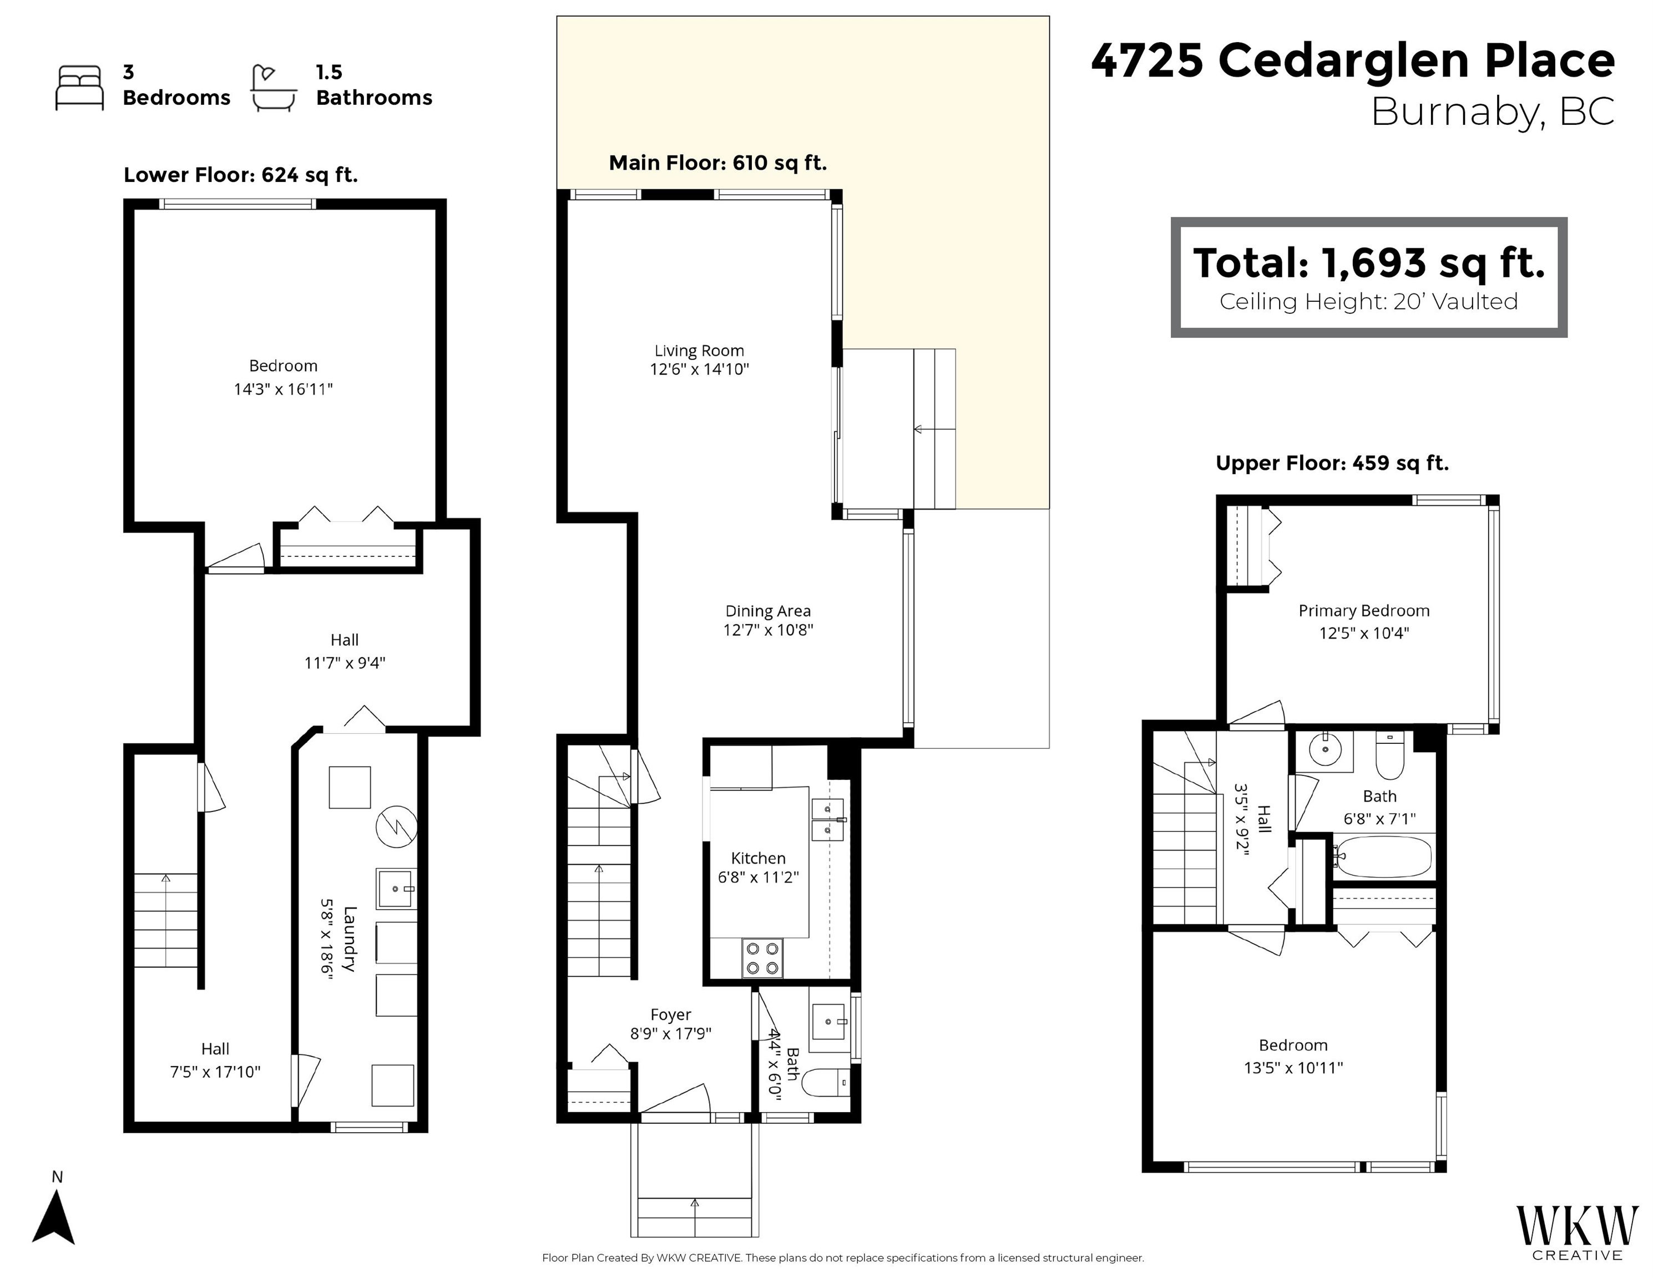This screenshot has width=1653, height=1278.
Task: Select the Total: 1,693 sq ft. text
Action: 1368,263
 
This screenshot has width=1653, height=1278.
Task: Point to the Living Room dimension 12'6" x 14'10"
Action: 699,369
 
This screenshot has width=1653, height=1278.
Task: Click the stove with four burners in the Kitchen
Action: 762,958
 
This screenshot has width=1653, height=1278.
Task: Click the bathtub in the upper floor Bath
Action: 1382,856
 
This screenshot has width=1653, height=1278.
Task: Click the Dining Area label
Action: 767,611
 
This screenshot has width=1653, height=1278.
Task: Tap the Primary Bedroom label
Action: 1364,611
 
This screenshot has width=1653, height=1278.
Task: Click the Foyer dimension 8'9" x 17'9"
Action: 671,1033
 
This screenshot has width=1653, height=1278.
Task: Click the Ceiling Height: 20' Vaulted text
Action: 1368,301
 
